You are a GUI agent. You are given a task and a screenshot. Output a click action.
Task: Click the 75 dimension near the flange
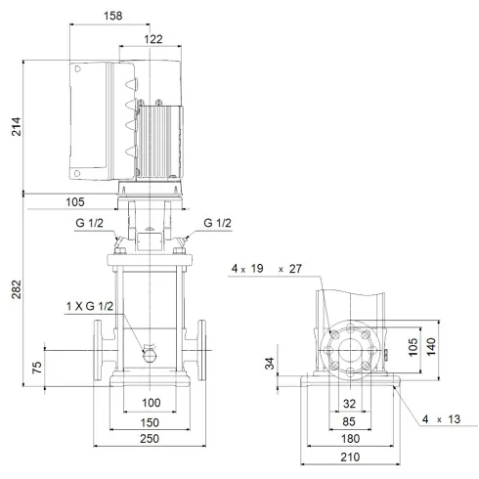(x=36, y=370)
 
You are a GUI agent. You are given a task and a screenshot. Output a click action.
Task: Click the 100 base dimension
(x=151, y=403)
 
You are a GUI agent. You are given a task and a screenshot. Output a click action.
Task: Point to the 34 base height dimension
(x=269, y=365)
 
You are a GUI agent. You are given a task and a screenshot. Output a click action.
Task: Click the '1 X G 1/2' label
(x=89, y=307)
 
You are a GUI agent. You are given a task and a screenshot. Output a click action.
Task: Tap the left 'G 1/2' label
(x=89, y=224)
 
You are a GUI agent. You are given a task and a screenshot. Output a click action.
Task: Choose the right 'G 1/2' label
(x=218, y=224)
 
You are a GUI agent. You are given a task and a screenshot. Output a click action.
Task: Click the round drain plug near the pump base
(x=150, y=354)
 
